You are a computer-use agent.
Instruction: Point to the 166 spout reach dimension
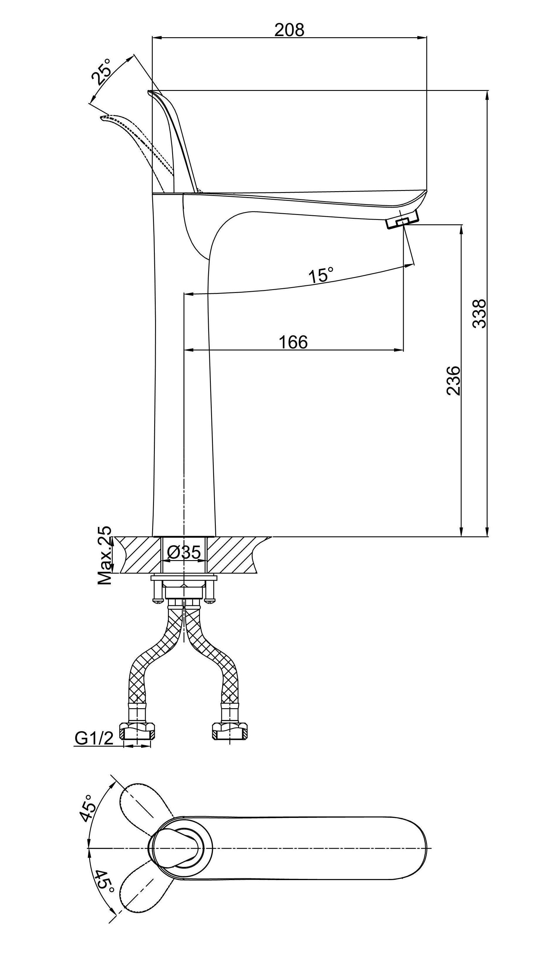293,342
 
